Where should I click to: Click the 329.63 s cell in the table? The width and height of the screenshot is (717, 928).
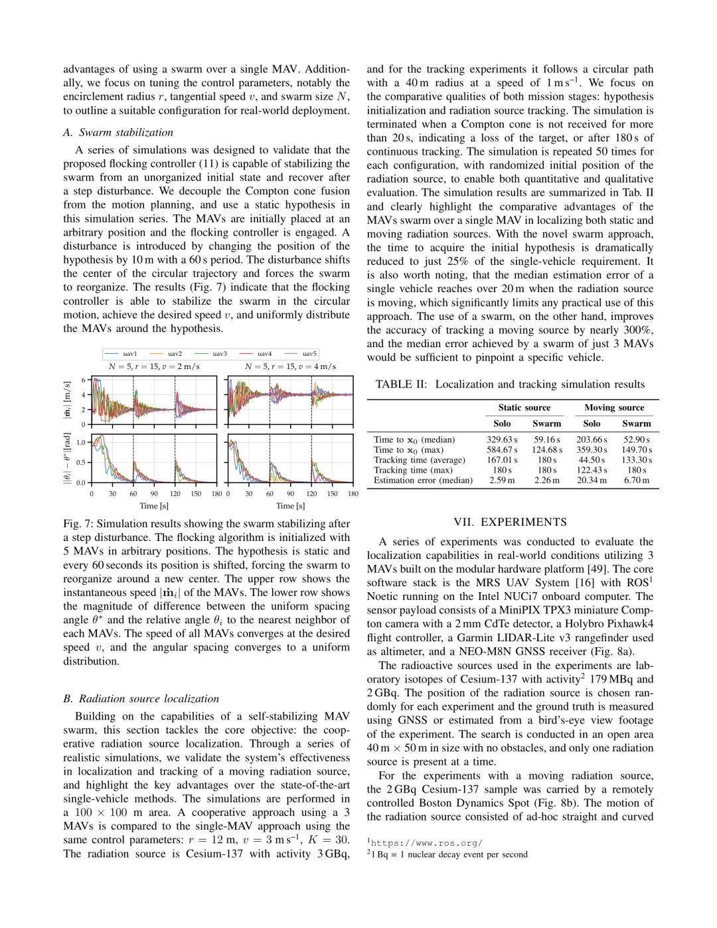pyautogui.click(x=502, y=439)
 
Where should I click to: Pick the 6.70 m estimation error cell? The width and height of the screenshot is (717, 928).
pyautogui.click(x=637, y=480)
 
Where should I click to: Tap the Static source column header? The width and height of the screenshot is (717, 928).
pyautogui.click(x=524, y=408)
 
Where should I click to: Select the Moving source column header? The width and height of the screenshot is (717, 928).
pyautogui.click(x=613, y=408)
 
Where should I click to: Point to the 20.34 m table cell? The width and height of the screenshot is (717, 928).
pyautogui.click(x=592, y=480)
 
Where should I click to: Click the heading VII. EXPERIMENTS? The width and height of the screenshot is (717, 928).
pyautogui.click(x=510, y=522)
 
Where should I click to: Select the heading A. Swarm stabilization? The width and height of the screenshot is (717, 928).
pyautogui.click(x=118, y=132)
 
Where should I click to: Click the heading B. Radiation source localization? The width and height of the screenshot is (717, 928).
pyautogui.click(x=141, y=698)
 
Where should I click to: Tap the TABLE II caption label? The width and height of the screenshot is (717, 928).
pyautogui.click(x=401, y=384)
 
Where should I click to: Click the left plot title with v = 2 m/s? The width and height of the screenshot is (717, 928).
pyautogui.click(x=154, y=366)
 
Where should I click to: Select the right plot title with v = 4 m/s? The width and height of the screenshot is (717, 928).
pyautogui.click(x=290, y=366)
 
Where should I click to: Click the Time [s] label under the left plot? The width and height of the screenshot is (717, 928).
pyautogui.click(x=153, y=506)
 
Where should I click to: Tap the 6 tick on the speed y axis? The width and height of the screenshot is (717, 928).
pyautogui.click(x=84, y=380)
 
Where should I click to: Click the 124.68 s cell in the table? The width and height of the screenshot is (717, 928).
pyautogui.click(x=546, y=450)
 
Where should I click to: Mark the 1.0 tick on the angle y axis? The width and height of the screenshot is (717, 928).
pyautogui.click(x=81, y=442)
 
